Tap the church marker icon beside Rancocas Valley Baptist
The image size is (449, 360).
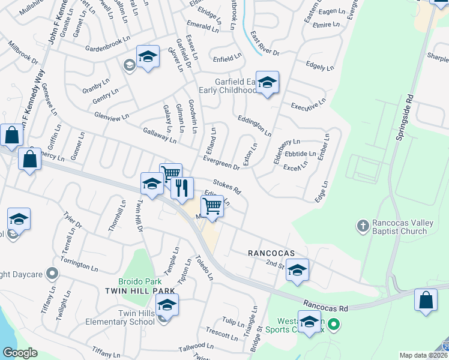point(362,226)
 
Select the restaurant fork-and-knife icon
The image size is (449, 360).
point(182,188)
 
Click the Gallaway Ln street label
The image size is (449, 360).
point(159,135)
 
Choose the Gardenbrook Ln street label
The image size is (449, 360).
point(107,44)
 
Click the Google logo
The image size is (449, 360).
point(20,353)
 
